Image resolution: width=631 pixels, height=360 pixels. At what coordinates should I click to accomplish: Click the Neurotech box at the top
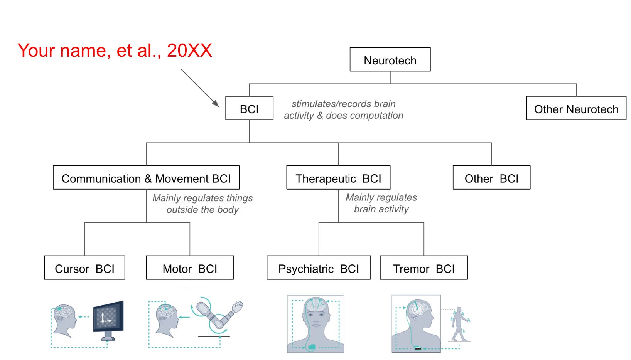[390, 60]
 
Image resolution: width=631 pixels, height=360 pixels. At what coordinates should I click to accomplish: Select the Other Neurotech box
[576, 109]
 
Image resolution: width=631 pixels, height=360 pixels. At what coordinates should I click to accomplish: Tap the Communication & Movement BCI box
[146, 178]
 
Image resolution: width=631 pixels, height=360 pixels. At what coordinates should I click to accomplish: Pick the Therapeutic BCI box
[338, 178]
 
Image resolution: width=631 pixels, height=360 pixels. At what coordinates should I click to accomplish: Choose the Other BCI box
[491, 178]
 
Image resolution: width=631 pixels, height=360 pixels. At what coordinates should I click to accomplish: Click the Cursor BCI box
[84, 268]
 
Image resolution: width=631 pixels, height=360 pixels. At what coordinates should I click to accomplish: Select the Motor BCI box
[190, 268]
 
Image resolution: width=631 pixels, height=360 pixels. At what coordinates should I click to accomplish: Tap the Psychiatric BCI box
[319, 268]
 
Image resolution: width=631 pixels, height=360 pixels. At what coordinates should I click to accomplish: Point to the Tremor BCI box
[423, 268]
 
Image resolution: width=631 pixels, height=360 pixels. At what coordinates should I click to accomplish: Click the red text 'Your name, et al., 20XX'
[115, 50]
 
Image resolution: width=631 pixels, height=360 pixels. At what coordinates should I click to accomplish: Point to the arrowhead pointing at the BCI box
[216, 104]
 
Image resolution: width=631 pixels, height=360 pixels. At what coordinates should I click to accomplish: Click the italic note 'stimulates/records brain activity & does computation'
[343, 109]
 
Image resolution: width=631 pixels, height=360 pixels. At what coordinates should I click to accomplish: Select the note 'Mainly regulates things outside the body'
[202, 204]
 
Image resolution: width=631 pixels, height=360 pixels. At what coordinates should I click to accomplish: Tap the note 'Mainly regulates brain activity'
[381, 203]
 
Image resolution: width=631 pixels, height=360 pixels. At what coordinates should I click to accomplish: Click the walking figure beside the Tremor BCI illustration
[460, 324]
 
